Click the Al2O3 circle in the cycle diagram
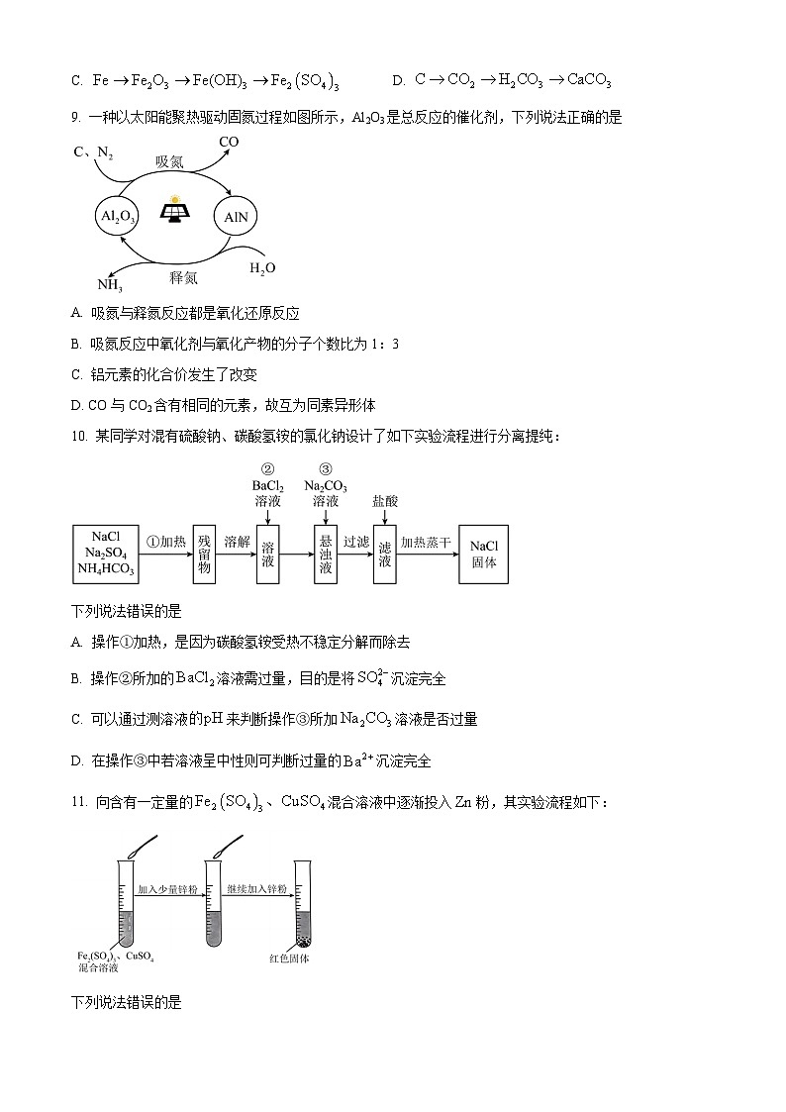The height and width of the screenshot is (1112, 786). pyautogui.click(x=119, y=215)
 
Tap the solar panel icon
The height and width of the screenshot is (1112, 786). pyautogui.click(x=176, y=211)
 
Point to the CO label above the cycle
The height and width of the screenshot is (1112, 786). pyautogui.click(x=229, y=143)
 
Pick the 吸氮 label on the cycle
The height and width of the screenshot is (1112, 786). pyautogui.click(x=169, y=161)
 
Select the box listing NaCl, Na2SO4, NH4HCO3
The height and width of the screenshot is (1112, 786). pyautogui.click(x=104, y=553)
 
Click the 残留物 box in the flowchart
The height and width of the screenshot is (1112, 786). pyautogui.click(x=205, y=553)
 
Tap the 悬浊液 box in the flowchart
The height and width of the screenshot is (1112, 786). pyautogui.click(x=325, y=553)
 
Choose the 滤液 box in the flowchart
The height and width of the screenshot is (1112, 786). pyautogui.click(x=385, y=553)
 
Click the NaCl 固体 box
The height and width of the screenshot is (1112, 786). pyautogui.click(x=484, y=553)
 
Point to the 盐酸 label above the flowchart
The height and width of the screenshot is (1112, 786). pyautogui.click(x=385, y=501)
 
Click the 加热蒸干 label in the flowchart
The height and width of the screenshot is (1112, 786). pyautogui.click(x=427, y=542)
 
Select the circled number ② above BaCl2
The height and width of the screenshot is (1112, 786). pyautogui.click(x=266, y=469)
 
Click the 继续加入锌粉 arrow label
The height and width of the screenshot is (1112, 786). pyautogui.click(x=256, y=889)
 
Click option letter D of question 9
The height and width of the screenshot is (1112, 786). pyautogui.click(x=76, y=405)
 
